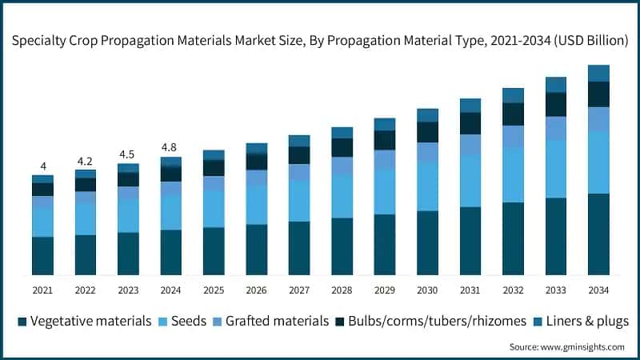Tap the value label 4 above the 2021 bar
(x=42, y=166)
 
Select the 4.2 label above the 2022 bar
(x=85, y=160)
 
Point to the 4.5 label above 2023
(x=128, y=154)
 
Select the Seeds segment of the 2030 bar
(x=427, y=186)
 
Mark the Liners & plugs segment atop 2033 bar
(x=556, y=85)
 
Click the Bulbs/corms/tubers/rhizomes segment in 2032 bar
(x=513, y=114)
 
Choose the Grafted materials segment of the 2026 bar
(x=256, y=178)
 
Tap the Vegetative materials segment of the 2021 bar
(x=42, y=256)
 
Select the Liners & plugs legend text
(x=587, y=322)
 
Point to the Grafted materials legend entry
(x=274, y=322)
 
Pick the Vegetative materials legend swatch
(x=22, y=322)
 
